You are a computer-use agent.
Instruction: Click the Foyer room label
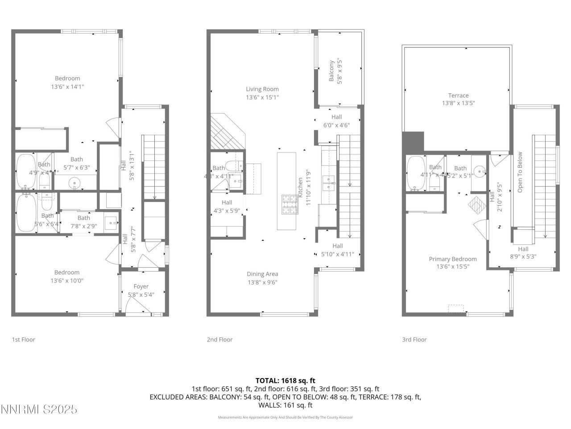coord(141,286)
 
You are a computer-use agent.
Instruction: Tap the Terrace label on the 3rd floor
coord(458,95)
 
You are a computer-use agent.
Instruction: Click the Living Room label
coord(262,89)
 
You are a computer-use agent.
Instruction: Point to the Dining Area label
coord(262,274)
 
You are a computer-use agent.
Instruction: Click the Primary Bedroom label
coord(452,259)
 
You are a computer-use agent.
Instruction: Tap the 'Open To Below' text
coord(520,172)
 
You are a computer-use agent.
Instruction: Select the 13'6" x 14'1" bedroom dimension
coord(67,87)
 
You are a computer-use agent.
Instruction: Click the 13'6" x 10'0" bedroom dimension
coord(67,281)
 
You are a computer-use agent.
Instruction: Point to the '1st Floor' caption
coord(23,340)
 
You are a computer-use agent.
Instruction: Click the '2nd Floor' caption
coord(219,340)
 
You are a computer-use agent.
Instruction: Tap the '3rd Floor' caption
coord(414,340)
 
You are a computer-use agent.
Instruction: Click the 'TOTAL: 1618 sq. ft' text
coord(285,381)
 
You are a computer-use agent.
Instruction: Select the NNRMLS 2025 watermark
coord(39,409)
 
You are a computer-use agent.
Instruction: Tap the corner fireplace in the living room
coord(225,133)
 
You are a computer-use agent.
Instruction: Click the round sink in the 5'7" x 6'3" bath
coord(75,182)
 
